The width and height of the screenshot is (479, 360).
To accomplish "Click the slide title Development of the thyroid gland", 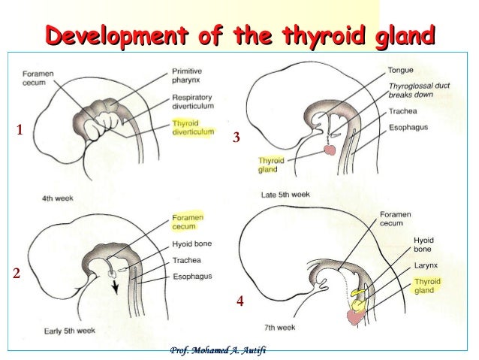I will point(240,35).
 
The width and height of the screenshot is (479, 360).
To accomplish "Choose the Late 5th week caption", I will point(285,195).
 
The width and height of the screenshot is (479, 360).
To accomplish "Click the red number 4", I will point(240,302).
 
